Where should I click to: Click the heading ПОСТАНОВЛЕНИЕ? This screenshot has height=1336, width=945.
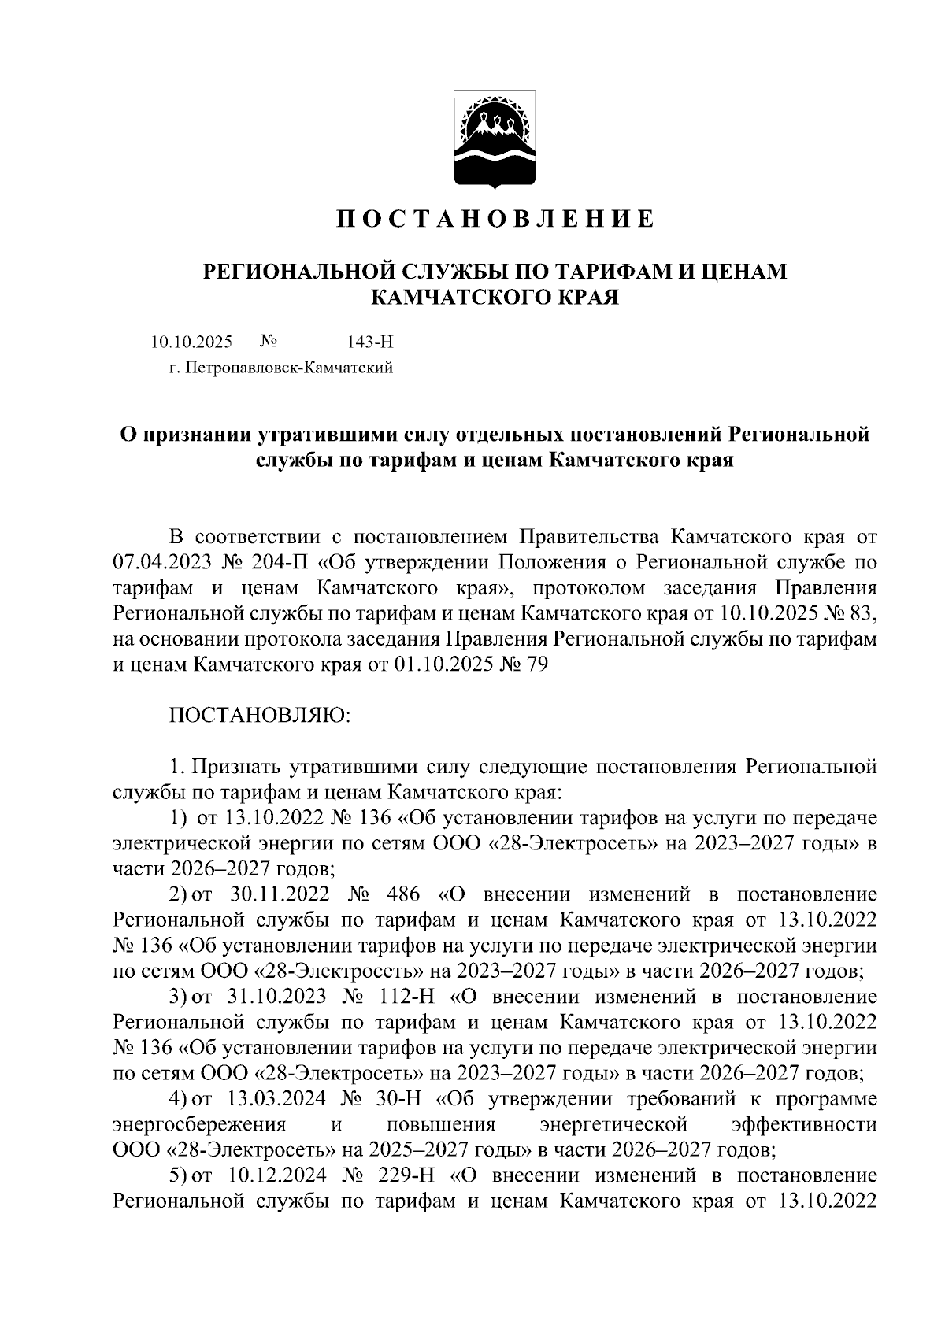pos(495,218)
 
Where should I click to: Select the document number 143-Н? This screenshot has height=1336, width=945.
pos(369,342)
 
